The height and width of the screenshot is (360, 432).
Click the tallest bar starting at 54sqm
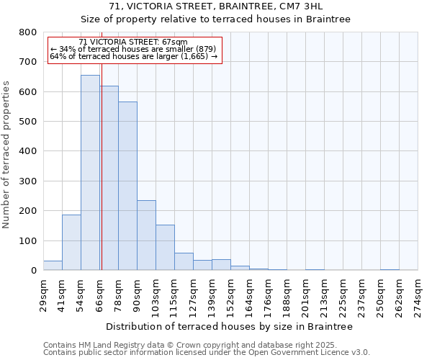[90, 173]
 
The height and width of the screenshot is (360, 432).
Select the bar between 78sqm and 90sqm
[127, 186]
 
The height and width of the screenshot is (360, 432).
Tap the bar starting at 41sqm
[71, 242]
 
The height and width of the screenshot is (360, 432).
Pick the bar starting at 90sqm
[146, 235]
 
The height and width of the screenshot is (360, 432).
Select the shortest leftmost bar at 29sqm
[53, 265]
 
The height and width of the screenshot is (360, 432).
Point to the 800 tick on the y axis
[28, 32]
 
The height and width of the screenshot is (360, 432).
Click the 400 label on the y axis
[28, 151]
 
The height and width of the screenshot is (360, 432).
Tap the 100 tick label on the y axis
[28, 240]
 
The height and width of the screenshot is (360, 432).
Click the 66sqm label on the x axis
[100, 293]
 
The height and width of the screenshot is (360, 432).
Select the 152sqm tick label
[231, 294]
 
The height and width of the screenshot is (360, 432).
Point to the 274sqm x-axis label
[418, 294]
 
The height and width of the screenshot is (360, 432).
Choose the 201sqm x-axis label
[306, 294]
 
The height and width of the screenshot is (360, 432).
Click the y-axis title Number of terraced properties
[6, 154]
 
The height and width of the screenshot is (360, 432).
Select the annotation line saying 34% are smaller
[133, 49]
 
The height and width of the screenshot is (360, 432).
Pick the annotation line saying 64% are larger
[133, 56]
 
